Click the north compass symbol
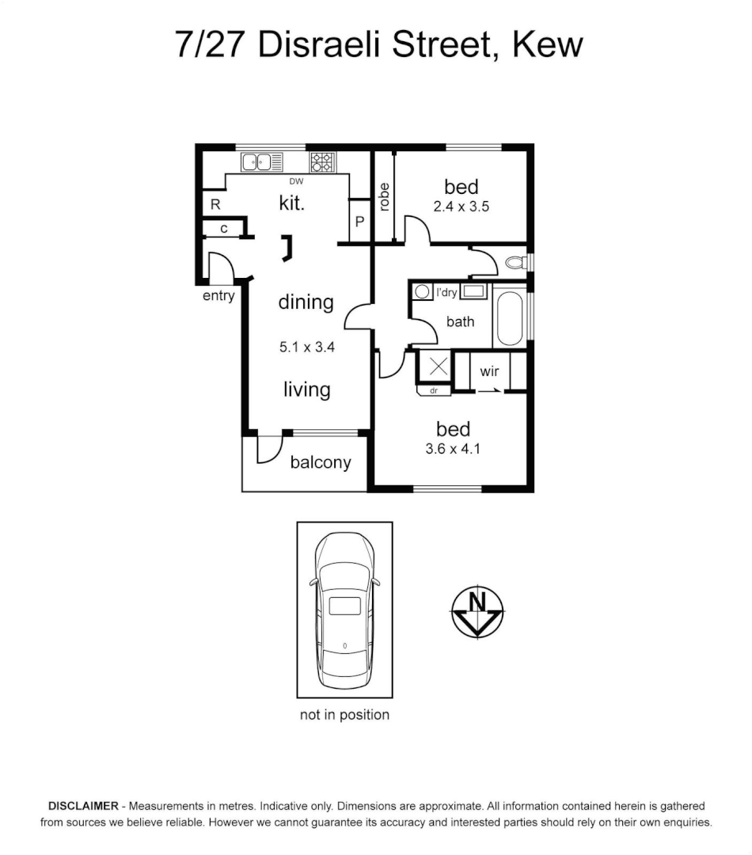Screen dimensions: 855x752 pyautogui.click(x=477, y=612)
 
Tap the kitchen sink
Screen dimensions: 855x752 pyautogui.click(x=261, y=162)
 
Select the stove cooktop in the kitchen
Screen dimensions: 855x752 pyautogui.click(x=321, y=161)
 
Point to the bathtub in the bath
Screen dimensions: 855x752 pyautogui.click(x=509, y=319)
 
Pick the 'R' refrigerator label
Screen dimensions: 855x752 pyautogui.click(x=215, y=204)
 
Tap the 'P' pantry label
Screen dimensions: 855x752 pyautogui.click(x=359, y=222)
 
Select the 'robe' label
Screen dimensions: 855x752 pyautogui.click(x=384, y=197)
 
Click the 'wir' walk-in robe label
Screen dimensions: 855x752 pyautogui.click(x=489, y=370)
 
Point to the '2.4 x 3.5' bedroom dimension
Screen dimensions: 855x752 pyautogui.click(x=461, y=207)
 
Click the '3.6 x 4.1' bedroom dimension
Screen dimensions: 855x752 pyautogui.click(x=454, y=449)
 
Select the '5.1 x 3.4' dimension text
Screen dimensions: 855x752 pyautogui.click(x=307, y=346)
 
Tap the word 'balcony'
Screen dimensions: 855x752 pyautogui.click(x=321, y=462)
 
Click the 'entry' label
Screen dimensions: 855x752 pyautogui.click(x=218, y=296)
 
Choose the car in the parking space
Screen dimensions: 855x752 pyautogui.click(x=344, y=610)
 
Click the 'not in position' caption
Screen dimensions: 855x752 pyautogui.click(x=344, y=715)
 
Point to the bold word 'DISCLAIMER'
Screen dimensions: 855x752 pyautogui.click(x=84, y=806)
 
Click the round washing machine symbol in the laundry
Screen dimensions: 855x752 pyautogui.click(x=423, y=291)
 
